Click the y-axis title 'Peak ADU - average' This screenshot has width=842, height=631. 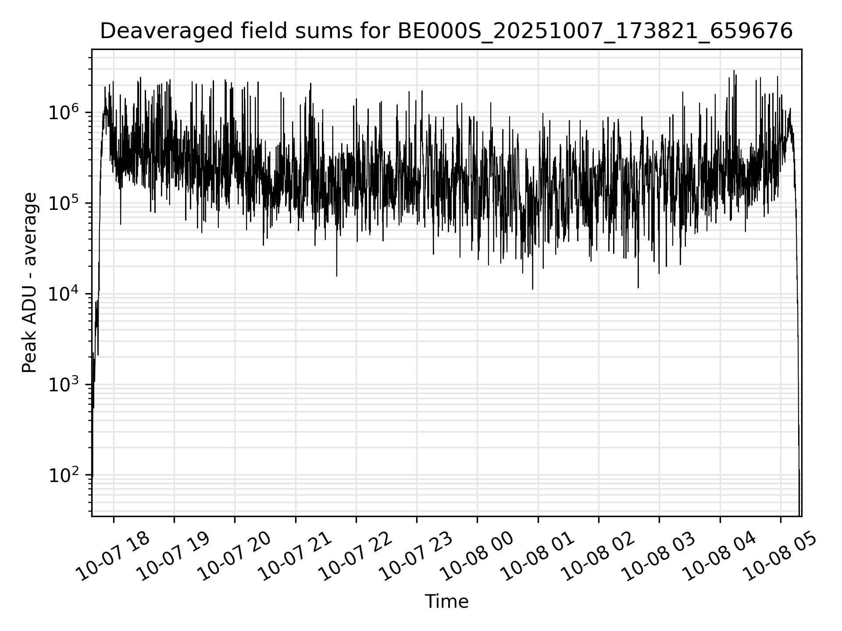pos(30,283)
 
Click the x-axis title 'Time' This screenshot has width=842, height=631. pos(446,602)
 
